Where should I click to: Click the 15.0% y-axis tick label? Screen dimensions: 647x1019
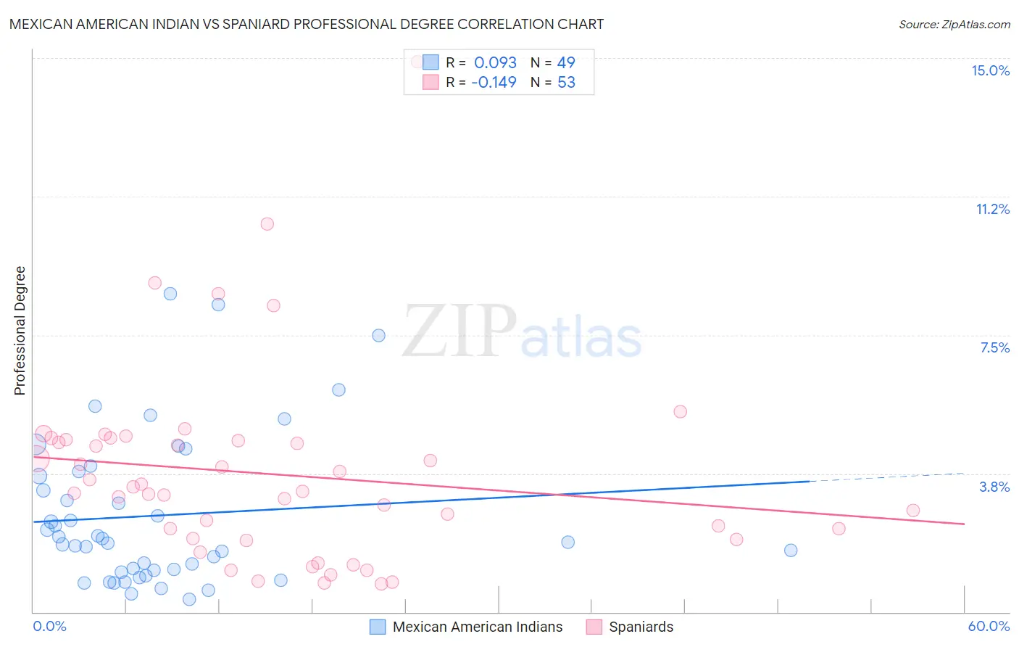[990, 70]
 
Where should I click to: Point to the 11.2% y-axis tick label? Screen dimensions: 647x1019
[992, 209]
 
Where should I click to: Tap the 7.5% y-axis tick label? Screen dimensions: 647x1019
[994, 347]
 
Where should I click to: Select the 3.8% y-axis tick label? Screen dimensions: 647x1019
[994, 487]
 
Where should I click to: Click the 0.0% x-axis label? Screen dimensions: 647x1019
[49, 626]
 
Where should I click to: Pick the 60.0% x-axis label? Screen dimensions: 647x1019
[989, 626]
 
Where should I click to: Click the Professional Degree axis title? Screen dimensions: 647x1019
[20, 331]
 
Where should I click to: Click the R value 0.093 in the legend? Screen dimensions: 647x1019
[495, 62]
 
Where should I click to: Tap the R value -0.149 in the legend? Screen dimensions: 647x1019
[494, 82]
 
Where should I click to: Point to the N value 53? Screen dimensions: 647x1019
[566, 82]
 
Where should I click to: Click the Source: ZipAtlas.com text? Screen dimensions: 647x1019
[954, 24]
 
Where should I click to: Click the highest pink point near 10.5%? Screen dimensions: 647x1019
[267, 224]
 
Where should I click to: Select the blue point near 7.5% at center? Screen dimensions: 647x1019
[378, 335]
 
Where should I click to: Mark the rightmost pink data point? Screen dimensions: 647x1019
[912, 511]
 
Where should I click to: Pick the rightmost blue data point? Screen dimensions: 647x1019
[791, 550]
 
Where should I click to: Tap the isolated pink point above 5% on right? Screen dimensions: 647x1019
[680, 411]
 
